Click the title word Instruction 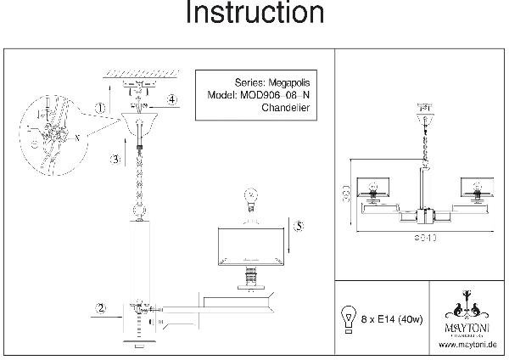click(255, 14)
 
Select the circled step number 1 click(100, 108)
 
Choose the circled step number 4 click(171, 100)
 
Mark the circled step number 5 click(297, 226)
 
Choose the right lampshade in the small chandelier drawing click(475, 189)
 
